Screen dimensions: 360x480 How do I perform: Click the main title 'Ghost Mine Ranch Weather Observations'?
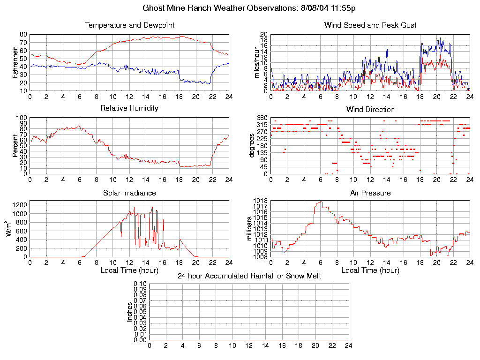[219, 8]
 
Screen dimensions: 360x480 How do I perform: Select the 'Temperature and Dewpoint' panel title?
[129, 25]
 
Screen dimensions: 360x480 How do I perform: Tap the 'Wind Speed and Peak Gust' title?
[370, 25]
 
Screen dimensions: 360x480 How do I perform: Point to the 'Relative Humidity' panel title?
[129, 108]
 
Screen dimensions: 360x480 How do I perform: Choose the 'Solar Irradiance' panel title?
[129, 193]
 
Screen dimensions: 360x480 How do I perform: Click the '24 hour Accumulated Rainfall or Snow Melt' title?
[249, 276]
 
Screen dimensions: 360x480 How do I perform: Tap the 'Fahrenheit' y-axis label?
[15, 62]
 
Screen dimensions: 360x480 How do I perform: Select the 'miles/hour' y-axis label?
[256, 62]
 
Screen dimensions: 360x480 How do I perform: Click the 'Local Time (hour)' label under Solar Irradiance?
[129, 270]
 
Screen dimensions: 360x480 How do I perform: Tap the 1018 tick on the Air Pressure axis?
[260, 201]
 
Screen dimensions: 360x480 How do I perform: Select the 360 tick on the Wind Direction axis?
[262, 118]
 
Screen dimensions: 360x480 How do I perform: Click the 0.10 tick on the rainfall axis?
[140, 284]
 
